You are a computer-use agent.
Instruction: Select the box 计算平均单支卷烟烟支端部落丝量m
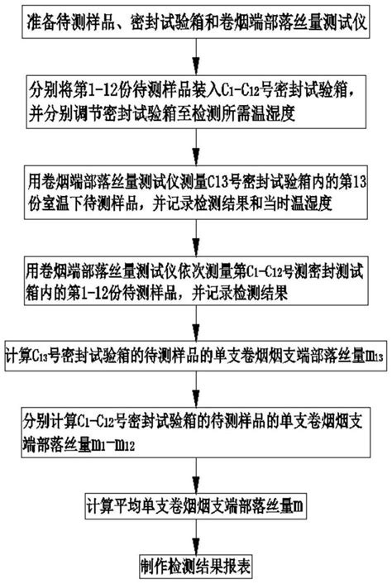tap(196, 504)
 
